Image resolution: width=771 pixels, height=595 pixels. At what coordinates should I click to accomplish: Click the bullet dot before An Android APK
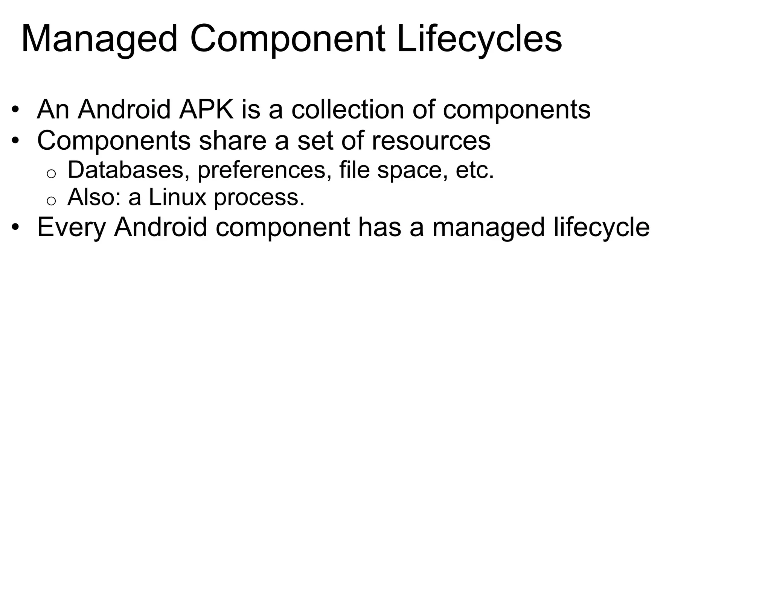pos(15,110)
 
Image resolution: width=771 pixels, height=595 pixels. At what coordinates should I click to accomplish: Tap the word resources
pos(431,141)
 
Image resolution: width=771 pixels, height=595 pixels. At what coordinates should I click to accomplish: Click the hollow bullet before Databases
pos(51,173)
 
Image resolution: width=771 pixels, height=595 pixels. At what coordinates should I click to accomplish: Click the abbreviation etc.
pos(474,170)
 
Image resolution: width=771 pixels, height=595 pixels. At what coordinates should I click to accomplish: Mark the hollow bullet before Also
pos(51,201)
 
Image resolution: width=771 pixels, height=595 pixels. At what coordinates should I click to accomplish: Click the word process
pos(259,198)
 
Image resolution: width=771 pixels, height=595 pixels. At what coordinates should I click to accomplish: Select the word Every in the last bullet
pos(71,228)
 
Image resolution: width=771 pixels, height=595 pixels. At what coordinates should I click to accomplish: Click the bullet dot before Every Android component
pos(15,228)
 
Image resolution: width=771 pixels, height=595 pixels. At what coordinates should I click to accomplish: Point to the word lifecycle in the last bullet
pos(601,228)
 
